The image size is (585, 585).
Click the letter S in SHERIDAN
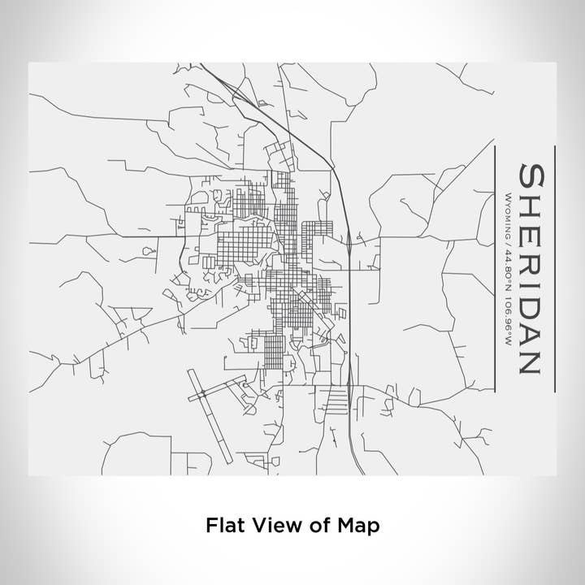pos(532,176)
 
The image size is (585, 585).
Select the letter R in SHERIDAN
pos(532,260)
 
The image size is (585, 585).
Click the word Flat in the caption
pos(224,526)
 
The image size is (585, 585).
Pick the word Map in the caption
pos(360,526)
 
